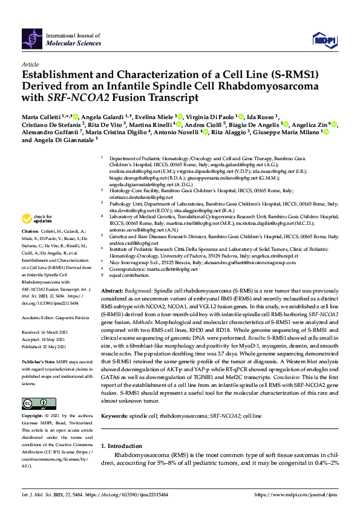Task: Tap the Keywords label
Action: click(114, 400)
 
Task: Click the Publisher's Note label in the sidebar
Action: click(38, 361)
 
